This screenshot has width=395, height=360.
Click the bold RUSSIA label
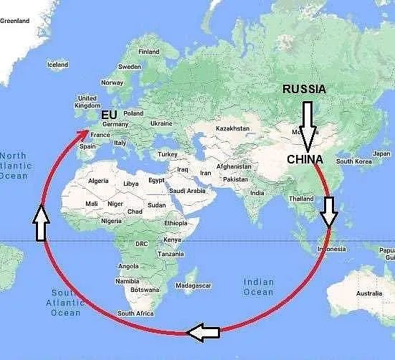(x=304, y=90)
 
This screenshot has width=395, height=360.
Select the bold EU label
(x=109, y=115)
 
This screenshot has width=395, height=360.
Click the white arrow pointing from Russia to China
(x=308, y=125)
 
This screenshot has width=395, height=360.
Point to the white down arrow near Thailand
(x=330, y=212)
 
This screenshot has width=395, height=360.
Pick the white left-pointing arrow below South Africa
(x=203, y=331)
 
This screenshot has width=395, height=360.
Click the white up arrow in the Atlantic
(x=40, y=222)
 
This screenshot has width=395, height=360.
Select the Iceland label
(x=57, y=65)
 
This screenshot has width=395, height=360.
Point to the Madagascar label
(x=193, y=285)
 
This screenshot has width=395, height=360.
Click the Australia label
(x=369, y=293)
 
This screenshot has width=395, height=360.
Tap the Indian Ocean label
(x=258, y=287)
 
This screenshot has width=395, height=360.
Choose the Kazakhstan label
(x=233, y=128)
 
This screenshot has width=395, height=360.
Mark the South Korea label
(x=355, y=161)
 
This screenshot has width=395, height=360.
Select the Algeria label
(x=97, y=181)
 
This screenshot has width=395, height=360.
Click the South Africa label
(x=135, y=313)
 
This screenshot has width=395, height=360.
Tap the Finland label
(x=149, y=52)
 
